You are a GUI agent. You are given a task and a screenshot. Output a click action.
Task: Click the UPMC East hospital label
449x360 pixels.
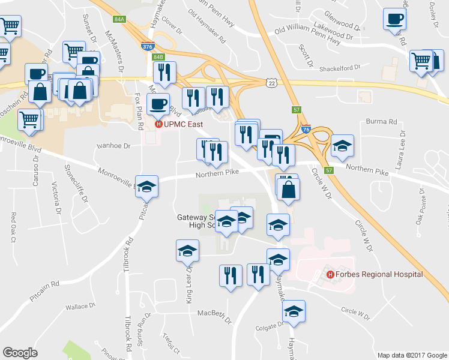pyautogui.click(x=182, y=124)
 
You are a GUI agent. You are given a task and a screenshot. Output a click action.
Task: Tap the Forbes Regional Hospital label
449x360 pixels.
pyautogui.click(x=379, y=274)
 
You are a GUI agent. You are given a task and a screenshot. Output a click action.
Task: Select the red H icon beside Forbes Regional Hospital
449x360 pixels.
pyautogui.click(x=330, y=274)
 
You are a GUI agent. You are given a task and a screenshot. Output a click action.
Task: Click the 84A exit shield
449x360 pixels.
pyautogui.click(x=119, y=19)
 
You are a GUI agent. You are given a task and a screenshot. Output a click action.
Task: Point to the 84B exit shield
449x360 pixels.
pyautogui.click(x=158, y=56)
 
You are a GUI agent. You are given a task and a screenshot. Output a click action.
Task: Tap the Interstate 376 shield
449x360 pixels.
pyautogui.click(x=147, y=46)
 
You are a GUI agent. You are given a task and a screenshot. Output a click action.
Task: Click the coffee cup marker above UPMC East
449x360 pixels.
pyautogui.click(x=158, y=104)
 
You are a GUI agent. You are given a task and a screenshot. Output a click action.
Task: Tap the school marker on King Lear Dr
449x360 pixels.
pyautogui.click(x=187, y=250)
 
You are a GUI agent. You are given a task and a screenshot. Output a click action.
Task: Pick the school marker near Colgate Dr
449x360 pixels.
pyautogui.click(x=294, y=311)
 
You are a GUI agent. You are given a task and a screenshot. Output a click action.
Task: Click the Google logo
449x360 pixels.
pyautogui.click(x=20, y=352)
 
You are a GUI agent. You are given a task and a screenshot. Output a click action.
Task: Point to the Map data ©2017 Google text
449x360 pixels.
pyautogui.click(x=412, y=355)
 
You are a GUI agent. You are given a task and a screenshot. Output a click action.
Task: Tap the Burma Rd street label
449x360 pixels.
pyautogui.click(x=385, y=121)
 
